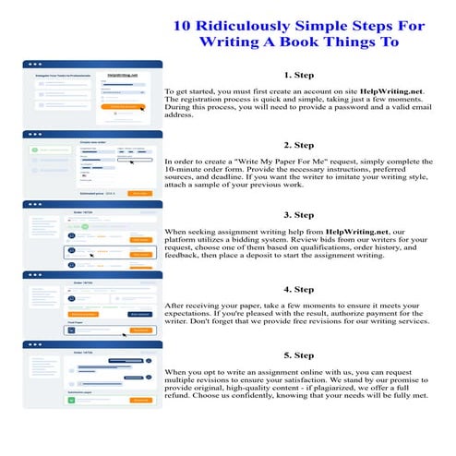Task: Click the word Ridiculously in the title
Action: [x=248, y=26]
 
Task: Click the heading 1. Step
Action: [x=299, y=75]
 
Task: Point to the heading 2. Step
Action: [x=299, y=145]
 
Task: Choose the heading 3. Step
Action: [x=299, y=215]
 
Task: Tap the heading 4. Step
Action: [x=299, y=289]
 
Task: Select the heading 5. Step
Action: [x=299, y=354]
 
